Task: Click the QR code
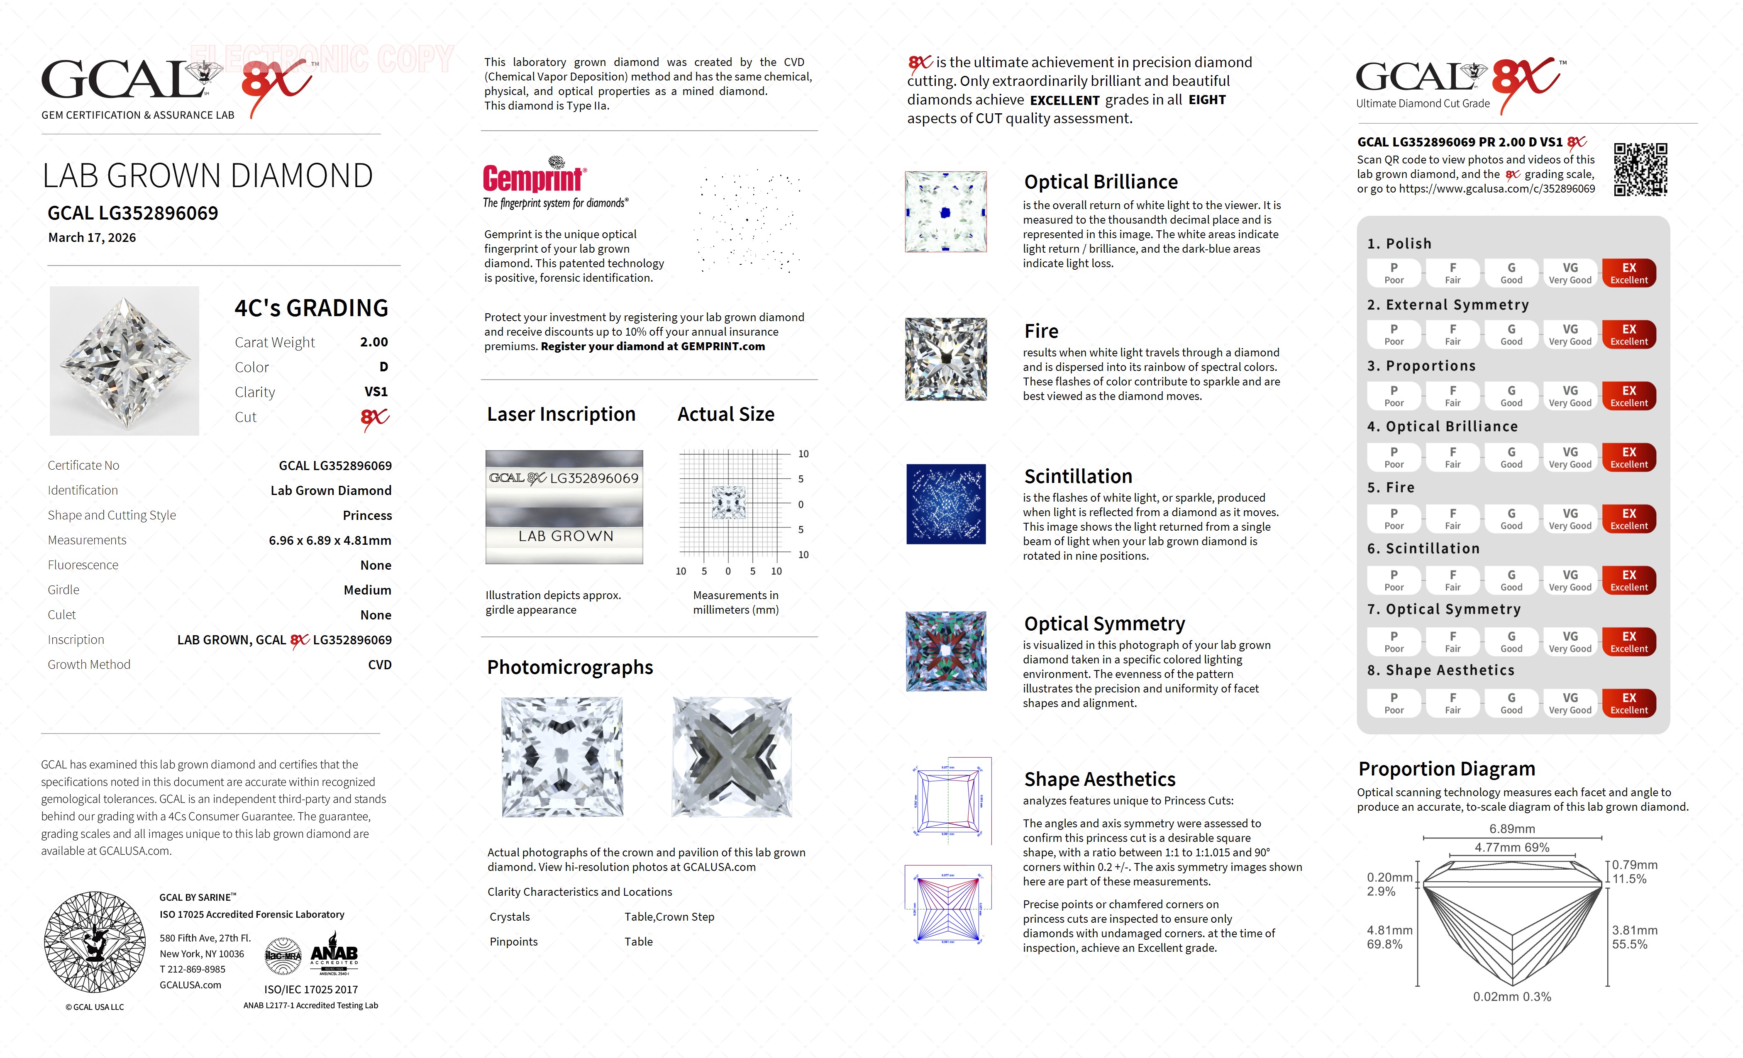pyautogui.click(x=1640, y=170)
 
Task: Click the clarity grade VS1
pyautogui.click(x=376, y=392)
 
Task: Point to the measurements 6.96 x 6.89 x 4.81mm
pyautogui.click(x=330, y=540)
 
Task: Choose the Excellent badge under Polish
pyautogui.click(x=1628, y=273)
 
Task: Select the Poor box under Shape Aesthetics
pyautogui.click(x=1394, y=703)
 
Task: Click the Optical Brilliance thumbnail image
pyautogui.click(x=946, y=212)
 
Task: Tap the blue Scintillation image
pyautogui.click(x=946, y=504)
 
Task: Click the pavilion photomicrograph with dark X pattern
pyautogui.click(x=732, y=757)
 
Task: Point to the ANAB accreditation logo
pyautogui.click(x=334, y=955)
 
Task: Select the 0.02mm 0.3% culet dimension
pyautogui.click(x=1512, y=997)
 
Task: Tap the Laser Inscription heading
pyautogui.click(x=561, y=414)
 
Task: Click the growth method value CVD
pyautogui.click(x=379, y=665)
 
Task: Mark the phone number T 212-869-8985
pyautogui.click(x=193, y=969)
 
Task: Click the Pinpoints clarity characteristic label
pyautogui.click(x=514, y=941)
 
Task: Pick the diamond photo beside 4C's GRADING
pyautogui.click(x=124, y=361)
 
